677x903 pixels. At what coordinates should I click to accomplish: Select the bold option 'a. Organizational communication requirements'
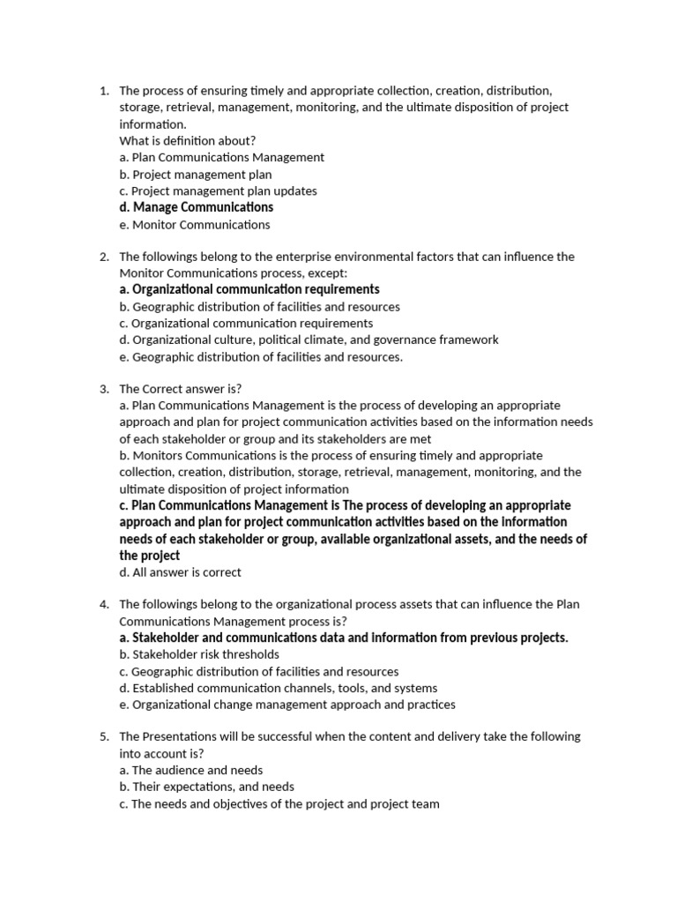point(249,289)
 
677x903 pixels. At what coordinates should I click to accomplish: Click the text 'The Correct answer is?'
point(181,389)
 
